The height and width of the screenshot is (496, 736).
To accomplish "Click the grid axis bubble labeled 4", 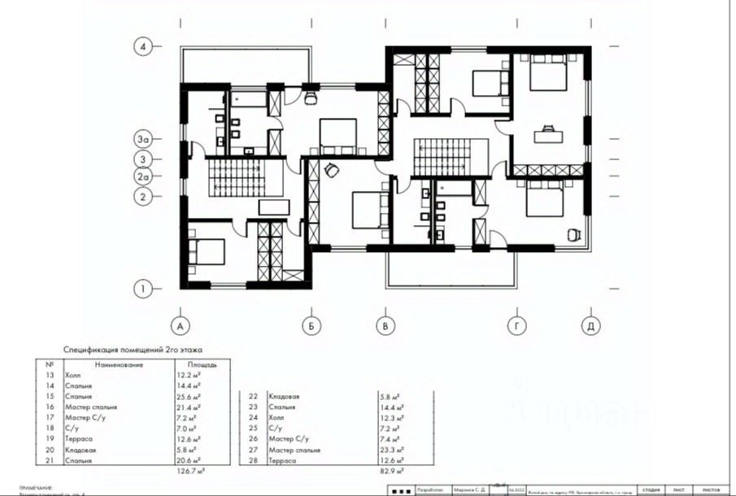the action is point(143,46).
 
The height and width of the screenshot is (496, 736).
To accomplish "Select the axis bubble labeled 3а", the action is point(143,140).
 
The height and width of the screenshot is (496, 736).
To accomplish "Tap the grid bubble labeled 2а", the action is point(143,176).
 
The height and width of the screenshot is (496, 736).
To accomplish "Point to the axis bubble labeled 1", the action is point(143,288).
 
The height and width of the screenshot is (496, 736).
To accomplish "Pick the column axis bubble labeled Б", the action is point(310,326).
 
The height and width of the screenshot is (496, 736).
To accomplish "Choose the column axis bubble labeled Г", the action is point(515,326).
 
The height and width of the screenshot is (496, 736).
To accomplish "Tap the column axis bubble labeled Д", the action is point(590,326).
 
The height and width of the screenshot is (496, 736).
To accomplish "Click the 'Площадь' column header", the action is point(202,365).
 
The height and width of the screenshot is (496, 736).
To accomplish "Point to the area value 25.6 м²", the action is point(189,396).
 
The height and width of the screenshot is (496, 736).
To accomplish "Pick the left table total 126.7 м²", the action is point(190,471).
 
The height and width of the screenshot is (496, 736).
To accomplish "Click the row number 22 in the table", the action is point(253,396).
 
